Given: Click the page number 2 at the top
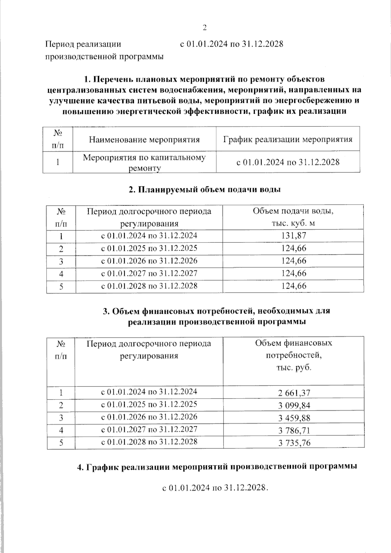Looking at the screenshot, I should coord(205,28).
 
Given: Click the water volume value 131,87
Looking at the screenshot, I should coord(294,236).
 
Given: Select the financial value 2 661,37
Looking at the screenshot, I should coord(294,393).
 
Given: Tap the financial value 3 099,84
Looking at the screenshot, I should coord(294,405).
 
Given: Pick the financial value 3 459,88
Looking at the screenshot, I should coord(294,418).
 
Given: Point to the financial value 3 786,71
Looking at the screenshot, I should coord(294,430).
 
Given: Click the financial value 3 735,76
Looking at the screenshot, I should coord(294,443).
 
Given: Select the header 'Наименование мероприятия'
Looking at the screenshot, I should coord(144,140).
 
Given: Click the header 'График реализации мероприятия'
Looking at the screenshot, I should coord(288,139).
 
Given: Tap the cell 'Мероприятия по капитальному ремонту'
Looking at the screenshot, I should coord(144,162).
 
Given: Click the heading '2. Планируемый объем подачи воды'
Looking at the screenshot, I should coord(205,190).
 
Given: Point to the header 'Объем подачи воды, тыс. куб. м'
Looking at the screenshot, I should coord(293,217).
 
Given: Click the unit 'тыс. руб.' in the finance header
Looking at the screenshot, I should coord(294,368).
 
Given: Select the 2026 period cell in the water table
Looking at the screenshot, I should coord(149,261).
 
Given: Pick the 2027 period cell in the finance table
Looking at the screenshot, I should coord(149,429).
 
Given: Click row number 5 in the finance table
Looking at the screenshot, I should coord(61,443).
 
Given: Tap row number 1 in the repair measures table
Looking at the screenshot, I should coord(58,162).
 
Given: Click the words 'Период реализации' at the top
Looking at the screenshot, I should coord(83,44).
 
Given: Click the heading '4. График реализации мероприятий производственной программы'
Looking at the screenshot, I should coord(217,467).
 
